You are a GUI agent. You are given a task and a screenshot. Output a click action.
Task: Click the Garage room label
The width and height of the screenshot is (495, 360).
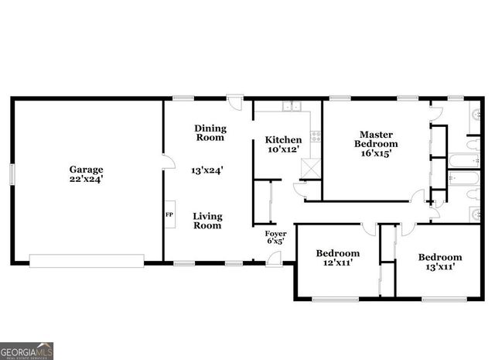click(86, 169)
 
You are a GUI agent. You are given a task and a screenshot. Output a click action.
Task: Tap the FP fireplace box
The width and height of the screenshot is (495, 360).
click(169, 214)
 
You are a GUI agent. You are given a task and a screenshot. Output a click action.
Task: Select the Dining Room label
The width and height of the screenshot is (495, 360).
click(210, 133)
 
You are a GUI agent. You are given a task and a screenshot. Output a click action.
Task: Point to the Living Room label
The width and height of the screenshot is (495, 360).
click(207, 221)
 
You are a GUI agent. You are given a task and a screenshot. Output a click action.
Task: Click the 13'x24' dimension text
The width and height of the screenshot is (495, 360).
click(207, 170)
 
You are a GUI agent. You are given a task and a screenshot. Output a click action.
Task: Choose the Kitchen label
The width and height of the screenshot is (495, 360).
click(283, 140)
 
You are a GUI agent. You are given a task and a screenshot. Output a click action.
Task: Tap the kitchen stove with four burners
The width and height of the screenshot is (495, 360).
click(315, 135)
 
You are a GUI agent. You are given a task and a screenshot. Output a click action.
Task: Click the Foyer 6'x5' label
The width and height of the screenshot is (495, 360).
click(275, 237)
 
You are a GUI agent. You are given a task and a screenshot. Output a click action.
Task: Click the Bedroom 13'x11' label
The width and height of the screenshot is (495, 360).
click(440, 262)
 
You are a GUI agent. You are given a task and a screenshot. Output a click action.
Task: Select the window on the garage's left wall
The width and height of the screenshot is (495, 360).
click(11, 173)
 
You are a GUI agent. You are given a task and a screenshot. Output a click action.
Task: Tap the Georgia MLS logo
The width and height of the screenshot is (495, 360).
click(27, 351)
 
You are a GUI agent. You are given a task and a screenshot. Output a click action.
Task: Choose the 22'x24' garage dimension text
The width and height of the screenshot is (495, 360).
click(86, 179)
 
